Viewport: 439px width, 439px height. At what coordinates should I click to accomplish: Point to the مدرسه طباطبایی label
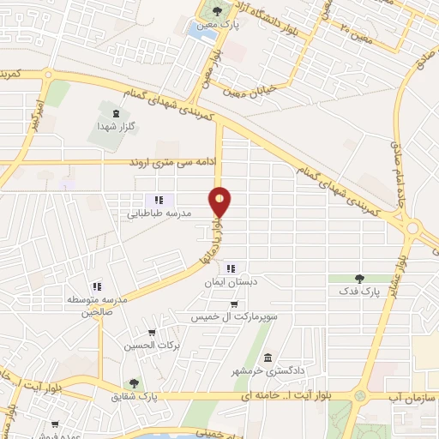166,213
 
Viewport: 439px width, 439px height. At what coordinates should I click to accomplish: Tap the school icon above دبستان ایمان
230,269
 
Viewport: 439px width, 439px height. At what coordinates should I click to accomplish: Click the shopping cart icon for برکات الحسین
152,334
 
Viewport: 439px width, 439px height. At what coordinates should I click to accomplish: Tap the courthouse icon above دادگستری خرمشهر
268,358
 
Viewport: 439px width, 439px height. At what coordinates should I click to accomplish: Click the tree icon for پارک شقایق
133,383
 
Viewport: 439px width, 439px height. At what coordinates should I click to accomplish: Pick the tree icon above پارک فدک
359,279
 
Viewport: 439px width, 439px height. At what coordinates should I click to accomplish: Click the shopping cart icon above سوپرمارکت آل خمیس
233,304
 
